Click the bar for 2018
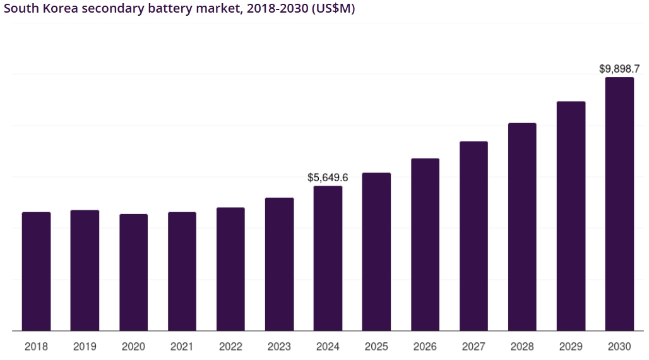[36, 271]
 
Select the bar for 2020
[133, 272]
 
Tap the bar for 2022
[230, 268]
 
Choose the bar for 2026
[425, 244]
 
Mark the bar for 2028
[522, 227]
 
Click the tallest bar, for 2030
[619, 203]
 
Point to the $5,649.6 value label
[328, 177]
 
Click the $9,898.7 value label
[619, 69]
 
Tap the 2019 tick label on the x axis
[85, 347]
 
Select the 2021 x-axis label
[182, 347]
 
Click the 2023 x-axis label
[279, 347]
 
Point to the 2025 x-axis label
[376, 347]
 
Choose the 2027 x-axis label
[473, 347]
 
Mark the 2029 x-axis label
[571, 347]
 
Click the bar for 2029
[571, 215]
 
